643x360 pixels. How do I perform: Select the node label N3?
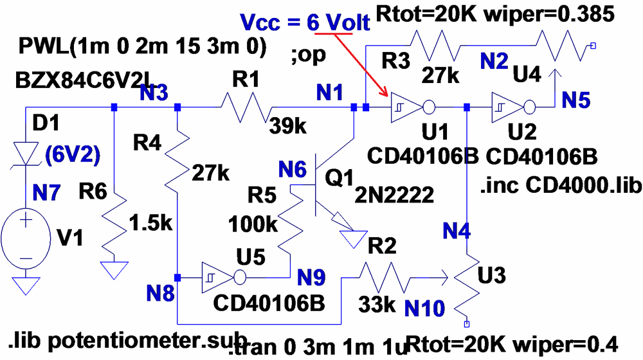(x=154, y=94)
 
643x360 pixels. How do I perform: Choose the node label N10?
(x=424, y=309)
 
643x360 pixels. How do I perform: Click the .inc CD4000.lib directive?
(x=561, y=187)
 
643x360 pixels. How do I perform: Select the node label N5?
(x=578, y=100)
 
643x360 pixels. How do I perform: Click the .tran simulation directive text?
(x=318, y=348)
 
